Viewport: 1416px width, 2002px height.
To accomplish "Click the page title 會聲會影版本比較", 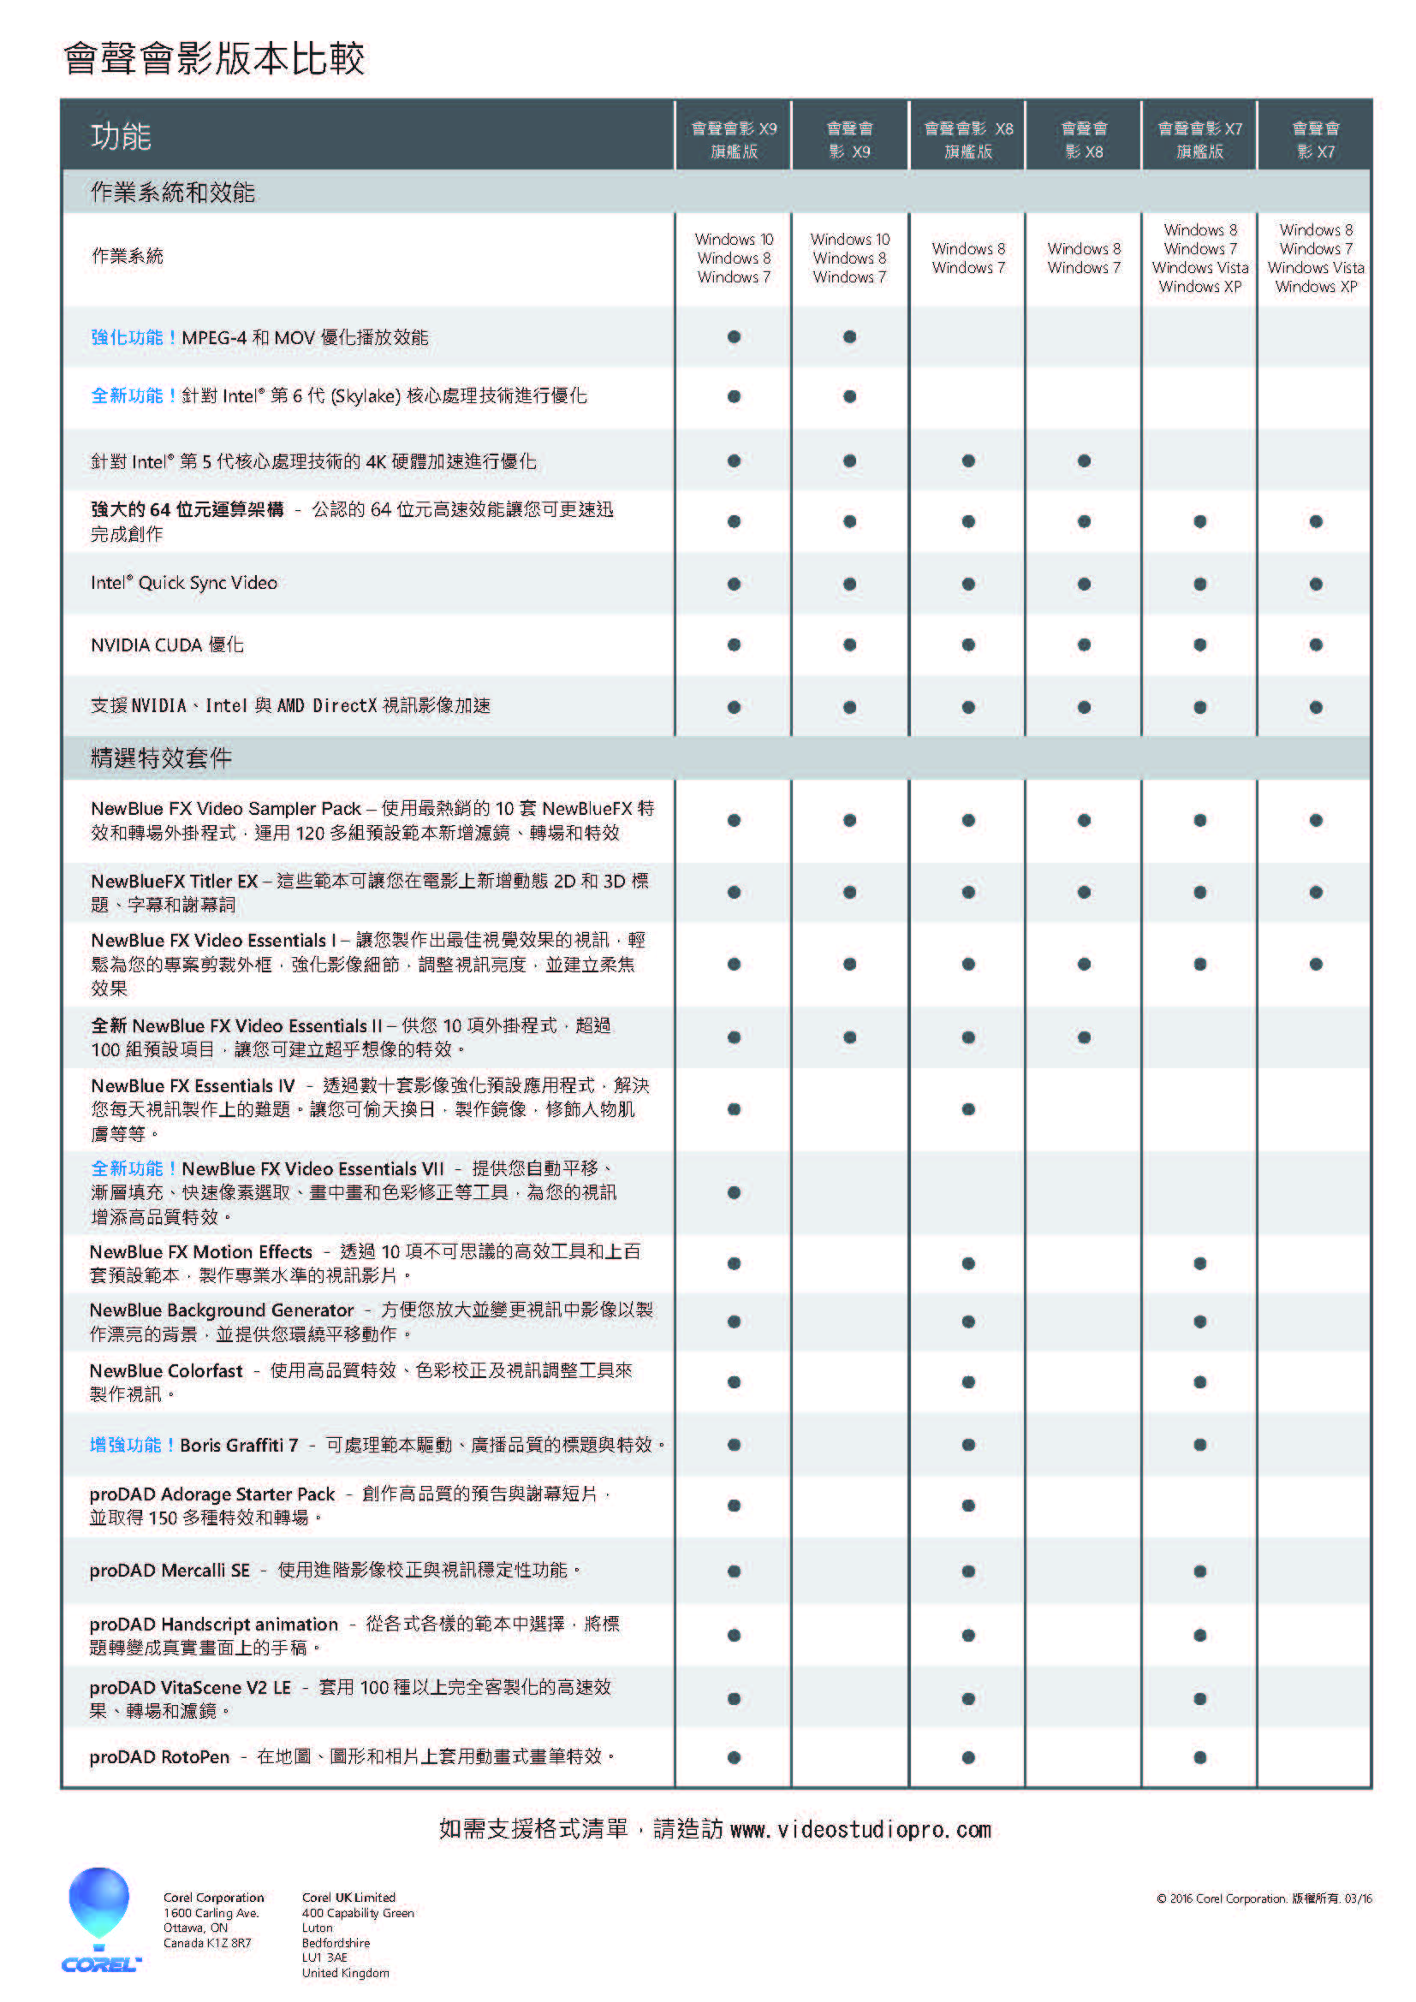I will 214,59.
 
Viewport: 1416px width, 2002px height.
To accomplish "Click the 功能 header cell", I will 122,137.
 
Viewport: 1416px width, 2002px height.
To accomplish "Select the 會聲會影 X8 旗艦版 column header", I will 968,140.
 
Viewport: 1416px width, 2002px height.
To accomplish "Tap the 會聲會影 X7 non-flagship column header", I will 1315,140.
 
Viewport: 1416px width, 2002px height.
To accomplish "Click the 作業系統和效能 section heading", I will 173,193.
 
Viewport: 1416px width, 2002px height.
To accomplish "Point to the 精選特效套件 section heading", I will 161,757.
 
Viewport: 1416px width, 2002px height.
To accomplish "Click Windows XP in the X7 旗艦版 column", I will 1199,287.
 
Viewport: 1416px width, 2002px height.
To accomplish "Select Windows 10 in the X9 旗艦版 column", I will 734,239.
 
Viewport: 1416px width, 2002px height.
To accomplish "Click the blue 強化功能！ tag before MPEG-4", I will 134,337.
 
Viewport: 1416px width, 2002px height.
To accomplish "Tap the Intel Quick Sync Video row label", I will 184,584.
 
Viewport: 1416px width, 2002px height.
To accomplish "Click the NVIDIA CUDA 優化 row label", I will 167,645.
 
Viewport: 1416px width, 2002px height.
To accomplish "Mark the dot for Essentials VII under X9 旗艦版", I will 734,1193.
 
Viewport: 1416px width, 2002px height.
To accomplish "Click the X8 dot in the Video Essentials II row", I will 1084,1037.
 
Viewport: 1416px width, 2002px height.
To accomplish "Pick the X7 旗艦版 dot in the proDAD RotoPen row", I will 1199,1758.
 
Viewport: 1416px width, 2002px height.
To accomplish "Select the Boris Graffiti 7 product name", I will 239,1445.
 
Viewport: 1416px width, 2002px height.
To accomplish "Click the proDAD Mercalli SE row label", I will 170,1571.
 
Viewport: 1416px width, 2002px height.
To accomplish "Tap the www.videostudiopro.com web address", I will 860,1829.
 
